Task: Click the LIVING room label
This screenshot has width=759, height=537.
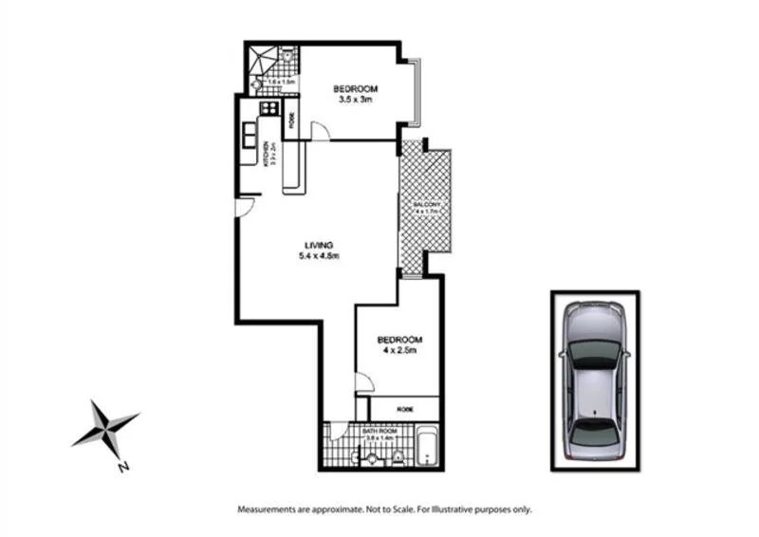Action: pyautogui.click(x=319, y=245)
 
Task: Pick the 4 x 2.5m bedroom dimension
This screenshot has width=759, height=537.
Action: pyautogui.click(x=398, y=350)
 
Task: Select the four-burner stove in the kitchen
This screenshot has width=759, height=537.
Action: pyautogui.click(x=269, y=108)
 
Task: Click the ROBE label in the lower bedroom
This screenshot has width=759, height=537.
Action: pyautogui.click(x=405, y=409)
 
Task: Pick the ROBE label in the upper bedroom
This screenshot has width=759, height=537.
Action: pyautogui.click(x=291, y=120)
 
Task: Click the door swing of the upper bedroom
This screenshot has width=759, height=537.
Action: pyautogui.click(x=320, y=131)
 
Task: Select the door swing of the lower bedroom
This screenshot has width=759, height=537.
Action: pyautogui.click(x=363, y=381)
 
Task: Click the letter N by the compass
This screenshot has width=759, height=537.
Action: pyautogui.click(x=122, y=466)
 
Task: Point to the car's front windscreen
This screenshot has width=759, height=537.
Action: pyautogui.click(x=595, y=353)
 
